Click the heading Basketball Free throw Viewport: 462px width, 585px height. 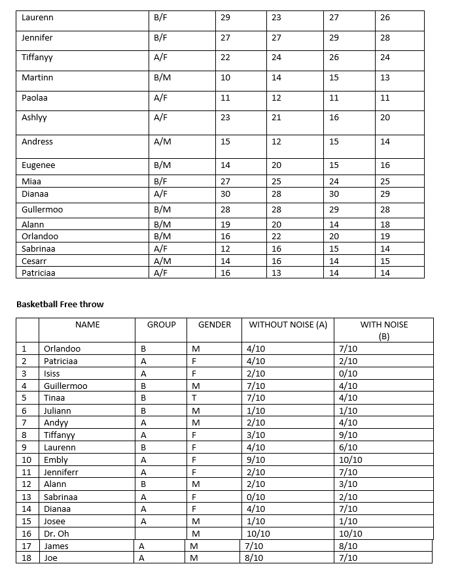[x=60, y=304]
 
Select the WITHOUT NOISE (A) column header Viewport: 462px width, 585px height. [x=288, y=325]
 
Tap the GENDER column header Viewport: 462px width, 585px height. [x=215, y=325]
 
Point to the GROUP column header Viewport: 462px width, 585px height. [x=161, y=325]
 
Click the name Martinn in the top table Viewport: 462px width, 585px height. [x=37, y=78]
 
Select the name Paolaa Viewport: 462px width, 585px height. [x=35, y=98]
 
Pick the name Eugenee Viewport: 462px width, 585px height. [x=38, y=165]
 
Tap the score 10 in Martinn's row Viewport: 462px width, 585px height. [x=225, y=78]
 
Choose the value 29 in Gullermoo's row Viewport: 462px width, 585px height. [x=334, y=210]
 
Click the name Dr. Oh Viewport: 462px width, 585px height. [x=56, y=534]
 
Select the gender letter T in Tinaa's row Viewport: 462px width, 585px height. [x=194, y=398]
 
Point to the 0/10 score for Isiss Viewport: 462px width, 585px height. [x=348, y=374]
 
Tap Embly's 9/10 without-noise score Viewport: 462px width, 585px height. [x=256, y=460]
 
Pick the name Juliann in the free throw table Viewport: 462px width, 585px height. [x=58, y=411]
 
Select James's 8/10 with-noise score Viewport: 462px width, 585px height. [x=348, y=546]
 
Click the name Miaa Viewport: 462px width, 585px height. [x=31, y=181]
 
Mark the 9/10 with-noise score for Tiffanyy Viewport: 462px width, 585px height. [x=348, y=435]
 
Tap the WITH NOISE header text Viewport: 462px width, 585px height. [x=384, y=325]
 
